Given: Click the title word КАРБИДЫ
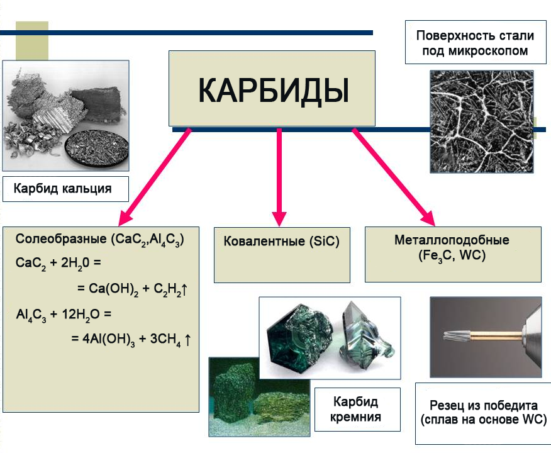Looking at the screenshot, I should click(x=272, y=90).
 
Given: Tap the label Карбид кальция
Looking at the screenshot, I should click(x=63, y=188).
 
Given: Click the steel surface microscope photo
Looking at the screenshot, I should click(x=481, y=121).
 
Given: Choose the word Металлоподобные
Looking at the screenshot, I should click(x=452, y=240).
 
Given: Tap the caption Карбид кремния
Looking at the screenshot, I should click(x=357, y=410).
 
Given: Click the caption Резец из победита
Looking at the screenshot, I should click(x=483, y=405).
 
